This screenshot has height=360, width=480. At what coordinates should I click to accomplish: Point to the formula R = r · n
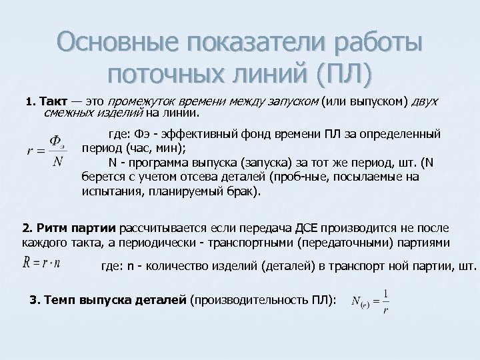point(41,262)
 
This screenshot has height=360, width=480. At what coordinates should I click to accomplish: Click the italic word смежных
point(59,113)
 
